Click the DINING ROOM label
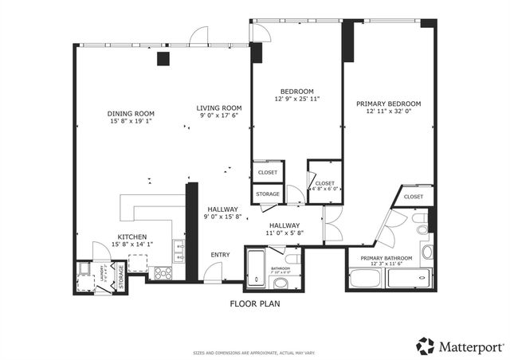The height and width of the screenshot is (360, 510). tap(131, 114)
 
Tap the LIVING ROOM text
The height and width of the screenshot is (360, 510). tap(219, 108)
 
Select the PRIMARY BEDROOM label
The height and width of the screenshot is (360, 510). tap(388, 104)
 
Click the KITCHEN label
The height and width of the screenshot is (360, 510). tap(131, 237)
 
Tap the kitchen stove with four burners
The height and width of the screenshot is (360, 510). tap(163, 272)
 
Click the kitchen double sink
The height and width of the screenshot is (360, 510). tap(180, 252)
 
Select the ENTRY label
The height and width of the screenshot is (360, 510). tap(220, 255)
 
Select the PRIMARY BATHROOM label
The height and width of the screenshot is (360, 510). tap(386, 258)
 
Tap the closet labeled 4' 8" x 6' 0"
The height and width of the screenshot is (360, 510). tap(324, 187)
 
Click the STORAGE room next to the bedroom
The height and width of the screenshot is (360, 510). tap(267, 194)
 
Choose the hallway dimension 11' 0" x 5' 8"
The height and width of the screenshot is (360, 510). tap(284, 234)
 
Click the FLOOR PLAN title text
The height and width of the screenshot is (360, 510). tap(255, 303)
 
